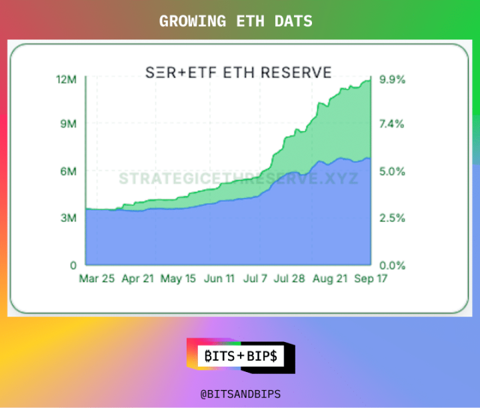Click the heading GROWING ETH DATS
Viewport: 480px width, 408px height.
[235, 21]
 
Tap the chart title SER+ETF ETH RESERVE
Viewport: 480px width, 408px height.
[239, 71]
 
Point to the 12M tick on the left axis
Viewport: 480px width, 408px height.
[67, 79]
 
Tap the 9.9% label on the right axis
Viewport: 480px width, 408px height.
[392, 79]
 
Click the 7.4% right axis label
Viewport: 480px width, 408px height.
[392, 124]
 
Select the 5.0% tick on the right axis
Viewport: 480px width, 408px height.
[392, 171]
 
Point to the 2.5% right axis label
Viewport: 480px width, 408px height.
[392, 218]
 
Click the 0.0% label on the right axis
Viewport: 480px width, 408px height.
[392, 265]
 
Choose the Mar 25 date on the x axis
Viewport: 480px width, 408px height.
[97, 279]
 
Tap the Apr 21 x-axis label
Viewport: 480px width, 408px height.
[138, 279]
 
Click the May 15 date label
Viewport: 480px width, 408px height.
[179, 279]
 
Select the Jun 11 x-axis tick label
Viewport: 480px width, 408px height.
[220, 279]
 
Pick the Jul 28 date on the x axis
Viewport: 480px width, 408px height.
[290, 279]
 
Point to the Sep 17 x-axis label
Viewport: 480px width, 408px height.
[369, 279]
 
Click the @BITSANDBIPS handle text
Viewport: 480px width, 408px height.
[240, 394]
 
